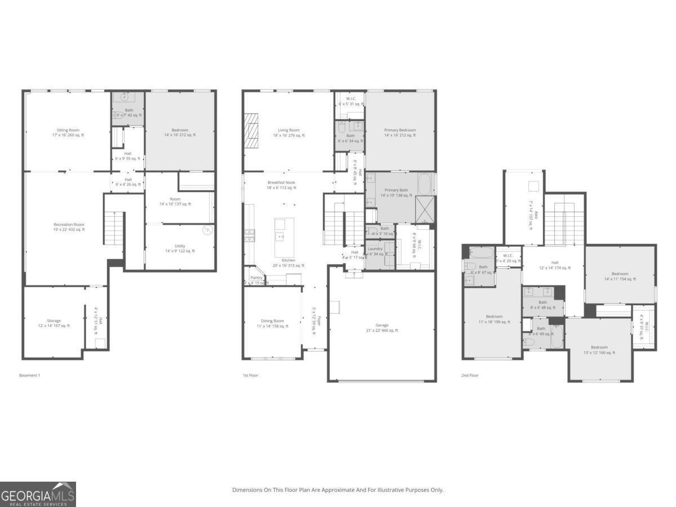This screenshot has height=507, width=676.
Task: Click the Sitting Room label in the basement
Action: pyautogui.click(x=67, y=132)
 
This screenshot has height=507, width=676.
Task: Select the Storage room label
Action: pyautogui.click(x=54, y=323)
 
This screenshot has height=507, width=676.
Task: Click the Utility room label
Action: pyautogui.click(x=180, y=248)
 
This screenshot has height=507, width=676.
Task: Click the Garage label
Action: pyautogui.click(x=382, y=327)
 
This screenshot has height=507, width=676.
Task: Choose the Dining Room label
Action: pyautogui.click(x=272, y=323)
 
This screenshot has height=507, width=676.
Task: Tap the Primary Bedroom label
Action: pyautogui.click(x=399, y=132)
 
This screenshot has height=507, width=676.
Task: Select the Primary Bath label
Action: pyautogui.click(x=396, y=192)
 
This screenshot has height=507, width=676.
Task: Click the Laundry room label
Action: pyautogui.click(x=375, y=251)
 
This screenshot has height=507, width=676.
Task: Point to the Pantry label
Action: pyautogui.click(x=256, y=280)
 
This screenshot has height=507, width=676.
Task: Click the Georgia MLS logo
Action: pyautogui.click(x=38, y=495)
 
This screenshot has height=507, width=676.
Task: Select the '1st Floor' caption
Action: pyautogui.click(x=250, y=375)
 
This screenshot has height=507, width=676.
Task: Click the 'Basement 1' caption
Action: pyautogui.click(x=30, y=375)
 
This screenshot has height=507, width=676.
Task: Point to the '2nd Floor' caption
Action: pyautogui.click(x=470, y=375)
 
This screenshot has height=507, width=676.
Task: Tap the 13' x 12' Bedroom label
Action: pyautogui.click(x=599, y=350)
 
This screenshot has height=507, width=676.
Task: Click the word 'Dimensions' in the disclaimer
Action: pyautogui.click(x=247, y=490)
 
